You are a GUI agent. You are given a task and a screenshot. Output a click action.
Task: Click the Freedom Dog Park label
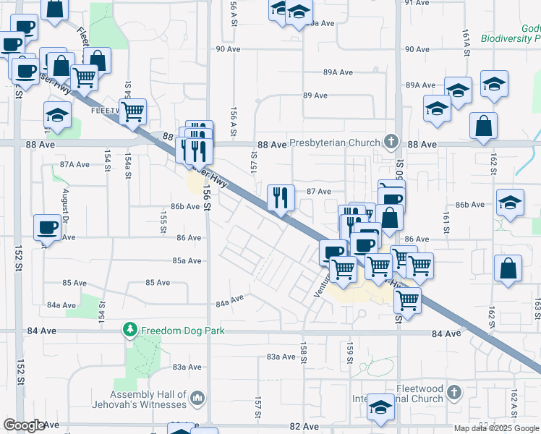click(x=182, y=331)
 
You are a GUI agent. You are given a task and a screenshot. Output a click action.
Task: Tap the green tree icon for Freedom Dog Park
click(x=130, y=331)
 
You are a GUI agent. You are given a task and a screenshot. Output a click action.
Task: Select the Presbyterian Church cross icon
click(x=392, y=141)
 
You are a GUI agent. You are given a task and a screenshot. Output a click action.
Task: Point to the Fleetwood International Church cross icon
click(x=453, y=393)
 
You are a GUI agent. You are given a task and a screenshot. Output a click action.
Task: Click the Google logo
click(x=24, y=425)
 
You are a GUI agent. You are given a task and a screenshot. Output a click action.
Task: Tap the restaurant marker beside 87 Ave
click(x=280, y=197)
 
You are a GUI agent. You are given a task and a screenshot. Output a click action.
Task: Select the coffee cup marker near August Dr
click(x=48, y=227)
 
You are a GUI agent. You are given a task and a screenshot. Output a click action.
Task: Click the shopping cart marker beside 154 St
click(x=133, y=111)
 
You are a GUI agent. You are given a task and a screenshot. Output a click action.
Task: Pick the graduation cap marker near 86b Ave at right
click(x=510, y=202)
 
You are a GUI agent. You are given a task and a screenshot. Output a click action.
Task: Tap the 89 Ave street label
click(x=316, y=95)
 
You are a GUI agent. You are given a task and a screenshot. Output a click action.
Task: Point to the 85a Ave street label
click(x=187, y=260)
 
